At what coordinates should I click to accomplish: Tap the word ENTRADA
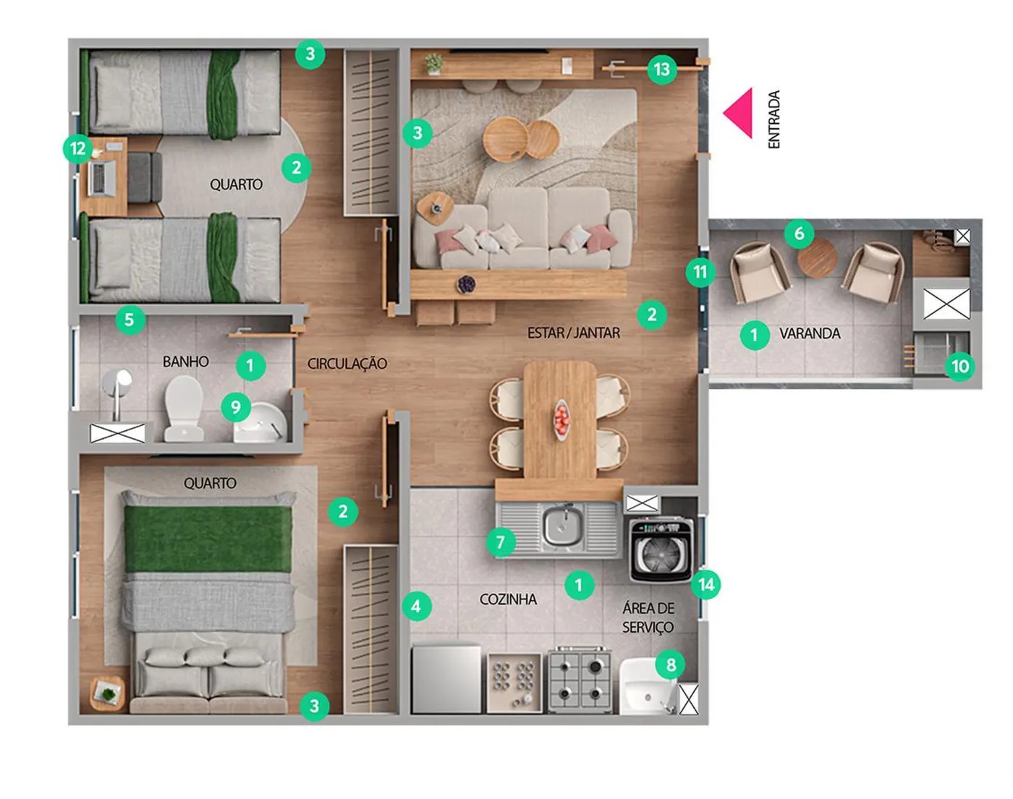pyautogui.click(x=774, y=119)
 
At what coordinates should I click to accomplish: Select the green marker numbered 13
pyautogui.click(x=662, y=69)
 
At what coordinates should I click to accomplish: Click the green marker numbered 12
pyautogui.click(x=77, y=149)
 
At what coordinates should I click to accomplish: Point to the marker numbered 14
pyautogui.click(x=706, y=584)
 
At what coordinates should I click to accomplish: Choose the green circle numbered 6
pyautogui.click(x=800, y=234)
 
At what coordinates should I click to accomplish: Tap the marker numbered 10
pyautogui.click(x=960, y=366)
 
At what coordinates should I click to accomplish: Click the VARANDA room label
pyautogui.click(x=810, y=333)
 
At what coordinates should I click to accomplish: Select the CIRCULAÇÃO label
pyautogui.click(x=347, y=363)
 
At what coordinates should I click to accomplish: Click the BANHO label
pyautogui.click(x=185, y=362)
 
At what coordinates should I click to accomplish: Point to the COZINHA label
pyautogui.click(x=508, y=599)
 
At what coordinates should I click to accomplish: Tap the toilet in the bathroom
pyautogui.click(x=184, y=409)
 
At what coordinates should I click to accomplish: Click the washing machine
pyautogui.click(x=661, y=550)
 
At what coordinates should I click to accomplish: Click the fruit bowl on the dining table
pyautogui.click(x=561, y=419)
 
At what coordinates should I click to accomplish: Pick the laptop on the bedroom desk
pyautogui.click(x=102, y=178)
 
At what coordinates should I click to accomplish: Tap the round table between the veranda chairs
pyautogui.click(x=817, y=259)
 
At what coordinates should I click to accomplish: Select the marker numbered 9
pyautogui.click(x=236, y=407)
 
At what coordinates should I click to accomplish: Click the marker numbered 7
pyautogui.click(x=501, y=542)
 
